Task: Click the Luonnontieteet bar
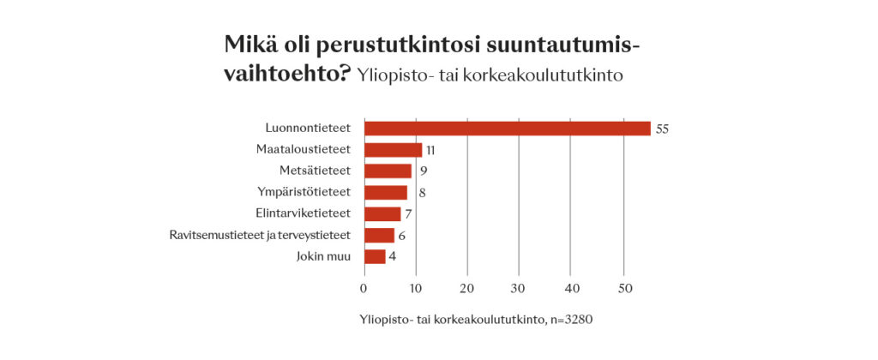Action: (507, 129)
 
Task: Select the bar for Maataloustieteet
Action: (393, 150)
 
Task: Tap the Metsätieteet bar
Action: (388, 171)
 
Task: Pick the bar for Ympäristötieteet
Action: (385, 192)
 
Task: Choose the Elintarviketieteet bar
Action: (382, 213)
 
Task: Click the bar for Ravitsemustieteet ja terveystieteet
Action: (379, 235)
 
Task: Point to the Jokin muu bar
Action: (375, 256)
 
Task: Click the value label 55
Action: (662, 129)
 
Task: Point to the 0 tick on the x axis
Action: (364, 286)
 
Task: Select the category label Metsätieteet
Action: (316, 171)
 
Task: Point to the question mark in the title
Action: (343, 73)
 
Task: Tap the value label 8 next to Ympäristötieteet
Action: (422, 193)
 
